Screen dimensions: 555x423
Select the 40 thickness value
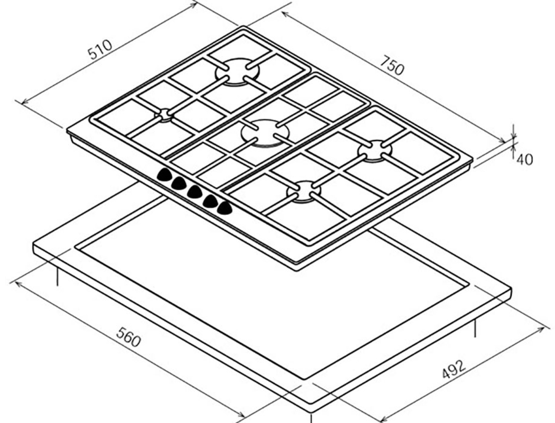coord(524,159)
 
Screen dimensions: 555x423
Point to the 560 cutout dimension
coord(128,337)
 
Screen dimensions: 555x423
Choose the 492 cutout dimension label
coord(454,370)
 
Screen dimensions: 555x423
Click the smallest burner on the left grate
coord(164,115)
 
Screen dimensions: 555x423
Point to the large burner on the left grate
coord(237,72)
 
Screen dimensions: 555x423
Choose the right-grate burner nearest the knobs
coord(304,192)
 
